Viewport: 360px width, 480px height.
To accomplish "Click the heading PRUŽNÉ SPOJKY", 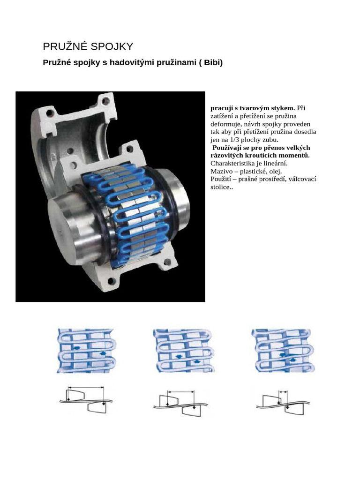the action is [88, 46].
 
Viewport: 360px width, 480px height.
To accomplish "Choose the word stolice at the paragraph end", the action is [220, 187].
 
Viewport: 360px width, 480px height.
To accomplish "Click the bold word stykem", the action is [283, 108].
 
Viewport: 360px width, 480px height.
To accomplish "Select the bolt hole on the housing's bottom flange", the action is [167, 262].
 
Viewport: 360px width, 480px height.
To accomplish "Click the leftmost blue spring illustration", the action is [87, 351].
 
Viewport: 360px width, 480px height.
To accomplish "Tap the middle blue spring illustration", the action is [184, 351].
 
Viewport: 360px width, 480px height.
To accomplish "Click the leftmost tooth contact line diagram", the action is [86, 399].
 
